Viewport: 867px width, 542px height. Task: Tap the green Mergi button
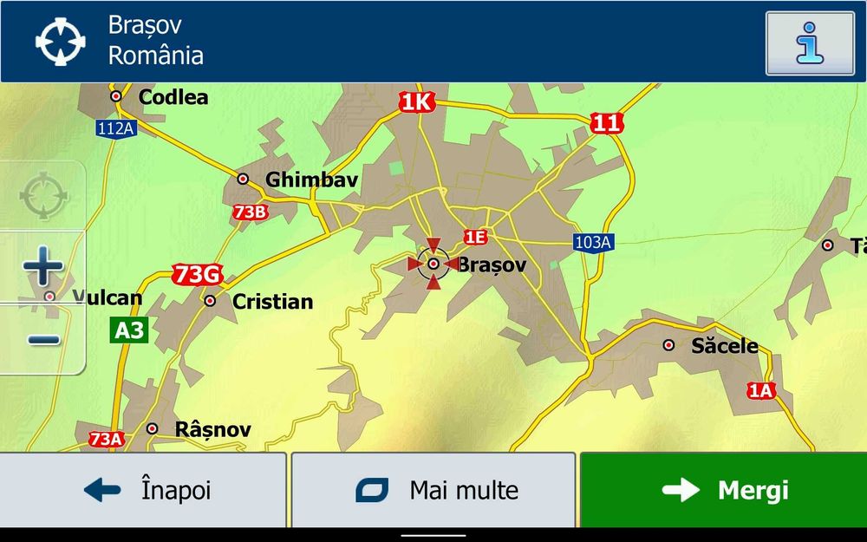pyautogui.click(x=723, y=490)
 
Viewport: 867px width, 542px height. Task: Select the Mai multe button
pyautogui.click(x=433, y=490)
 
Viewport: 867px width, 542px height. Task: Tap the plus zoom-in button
pyautogui.click(x=42, y=266)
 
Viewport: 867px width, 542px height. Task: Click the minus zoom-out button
pyautogui.click(x=42, y=338)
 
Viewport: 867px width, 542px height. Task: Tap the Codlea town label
pyautogui.click(x=173, y=97)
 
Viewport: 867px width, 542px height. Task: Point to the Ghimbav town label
pyautogui.click(x=311, y=180)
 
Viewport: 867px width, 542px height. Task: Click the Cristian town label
pyautogui.click(x=272, y=302)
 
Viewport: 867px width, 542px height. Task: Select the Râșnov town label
pyautogui.click(x=212, y=429)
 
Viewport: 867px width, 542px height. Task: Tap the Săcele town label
pyautogui.click(x=724, y=346)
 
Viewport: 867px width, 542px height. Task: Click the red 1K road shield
pyautogui.click(x=416, y=102)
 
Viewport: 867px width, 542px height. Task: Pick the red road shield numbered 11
pyautogui.click(x=607, y=123)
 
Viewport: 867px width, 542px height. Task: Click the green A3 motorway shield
pyautogui.click(x=128, y=330)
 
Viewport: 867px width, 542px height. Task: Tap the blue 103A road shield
pyautogui.click(x=593, y=242)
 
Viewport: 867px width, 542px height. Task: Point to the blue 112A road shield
pyautogui.click(x=116, y=129)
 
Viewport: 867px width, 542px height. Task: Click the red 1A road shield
pyautogui.click(x=760, y=391)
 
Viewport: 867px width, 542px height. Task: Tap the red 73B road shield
pyautogui.click(x=250, y=212)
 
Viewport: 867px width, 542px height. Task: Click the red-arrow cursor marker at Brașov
pyautogui.click(x=433, y=263)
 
